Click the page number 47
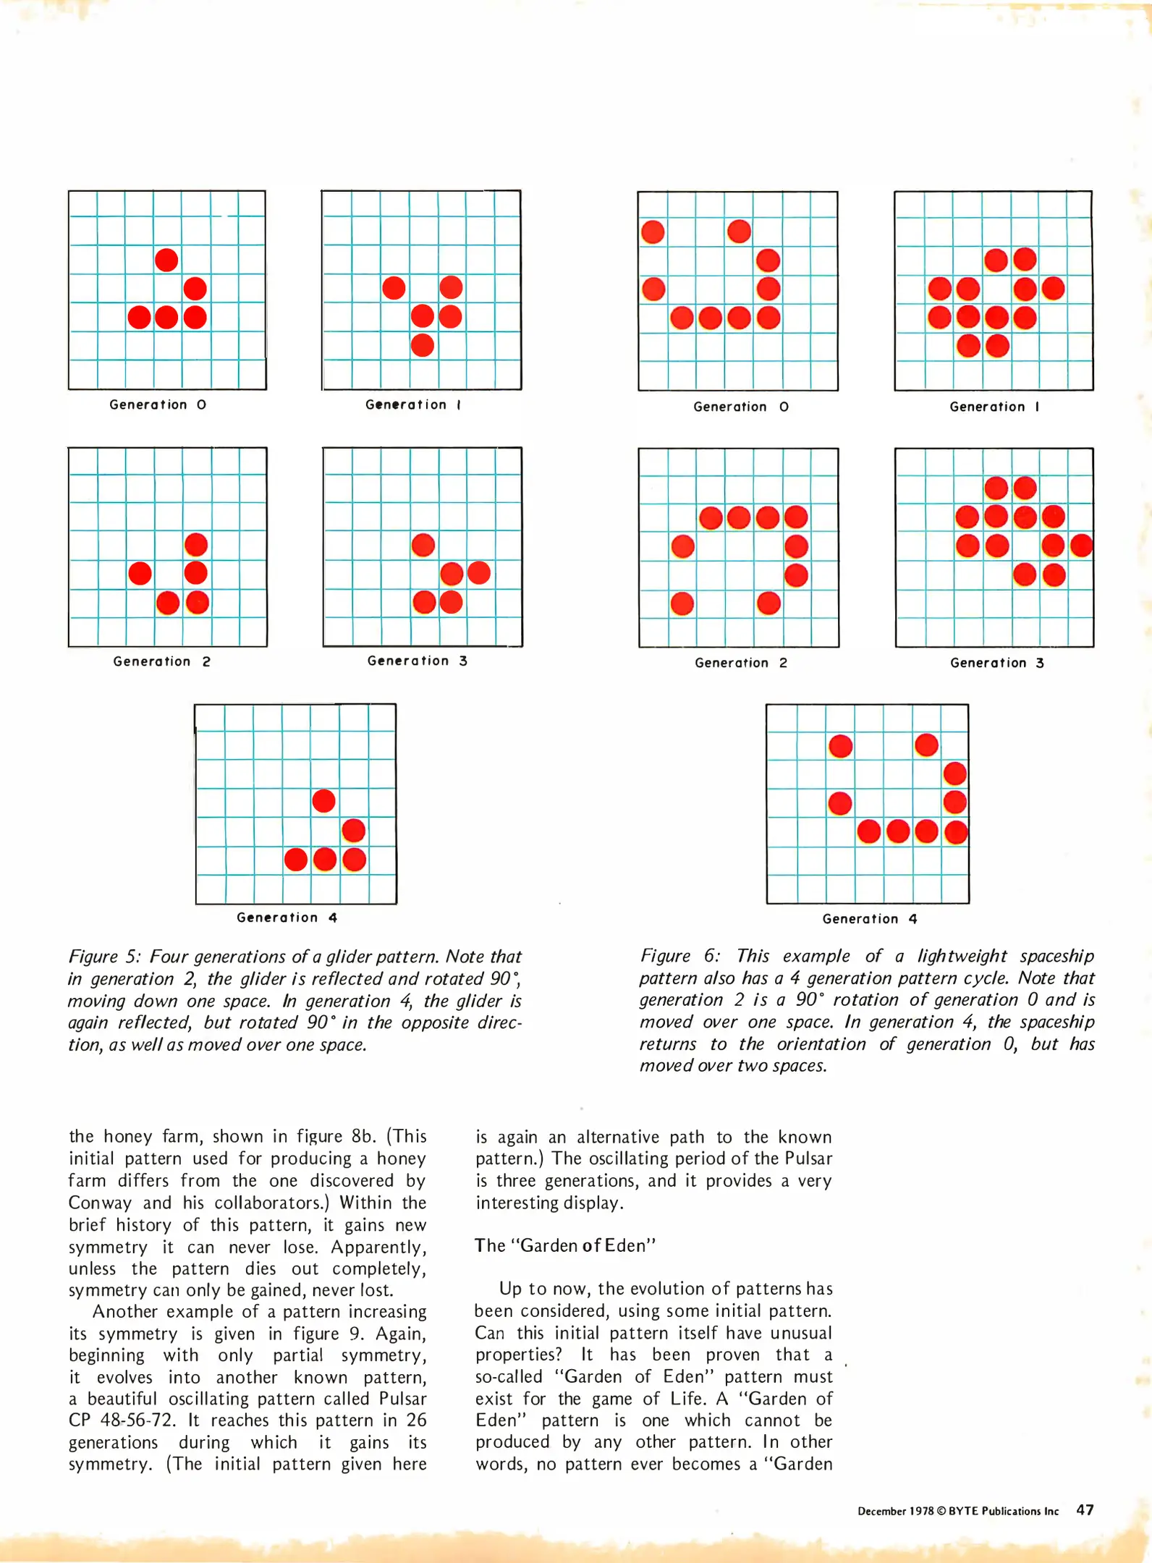(x=1085, y=1509)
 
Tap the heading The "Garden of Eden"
(x=565, y=1245)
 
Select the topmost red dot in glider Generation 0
(x=166, y=260)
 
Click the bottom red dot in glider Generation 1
(x=422, y=345)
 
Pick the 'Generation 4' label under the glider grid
(x=287, y=918)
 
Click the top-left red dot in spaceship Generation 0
(x=653, y=232)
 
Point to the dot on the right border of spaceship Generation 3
(x=1082, y=546)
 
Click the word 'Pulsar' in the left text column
(x=402, y=1399)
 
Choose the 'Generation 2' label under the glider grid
(x=161, y=661)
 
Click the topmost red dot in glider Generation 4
(x=323, y=801)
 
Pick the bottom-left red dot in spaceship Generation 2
(x=682, y=603)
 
